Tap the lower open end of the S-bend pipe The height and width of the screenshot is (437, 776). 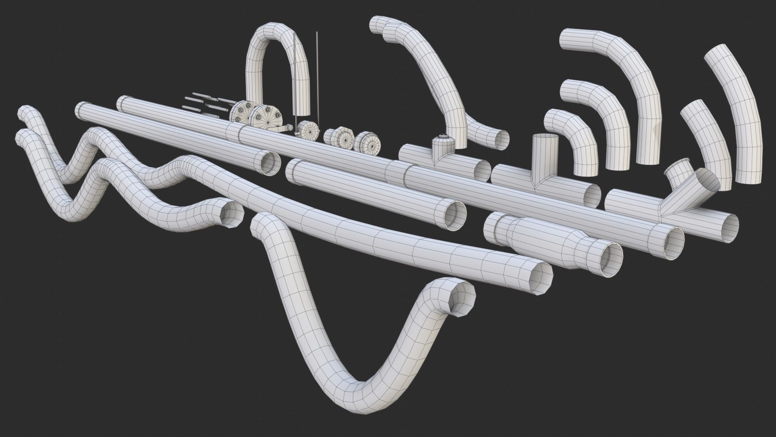[x=498, y=138]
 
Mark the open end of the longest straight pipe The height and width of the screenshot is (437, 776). [x=672, y=243]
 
